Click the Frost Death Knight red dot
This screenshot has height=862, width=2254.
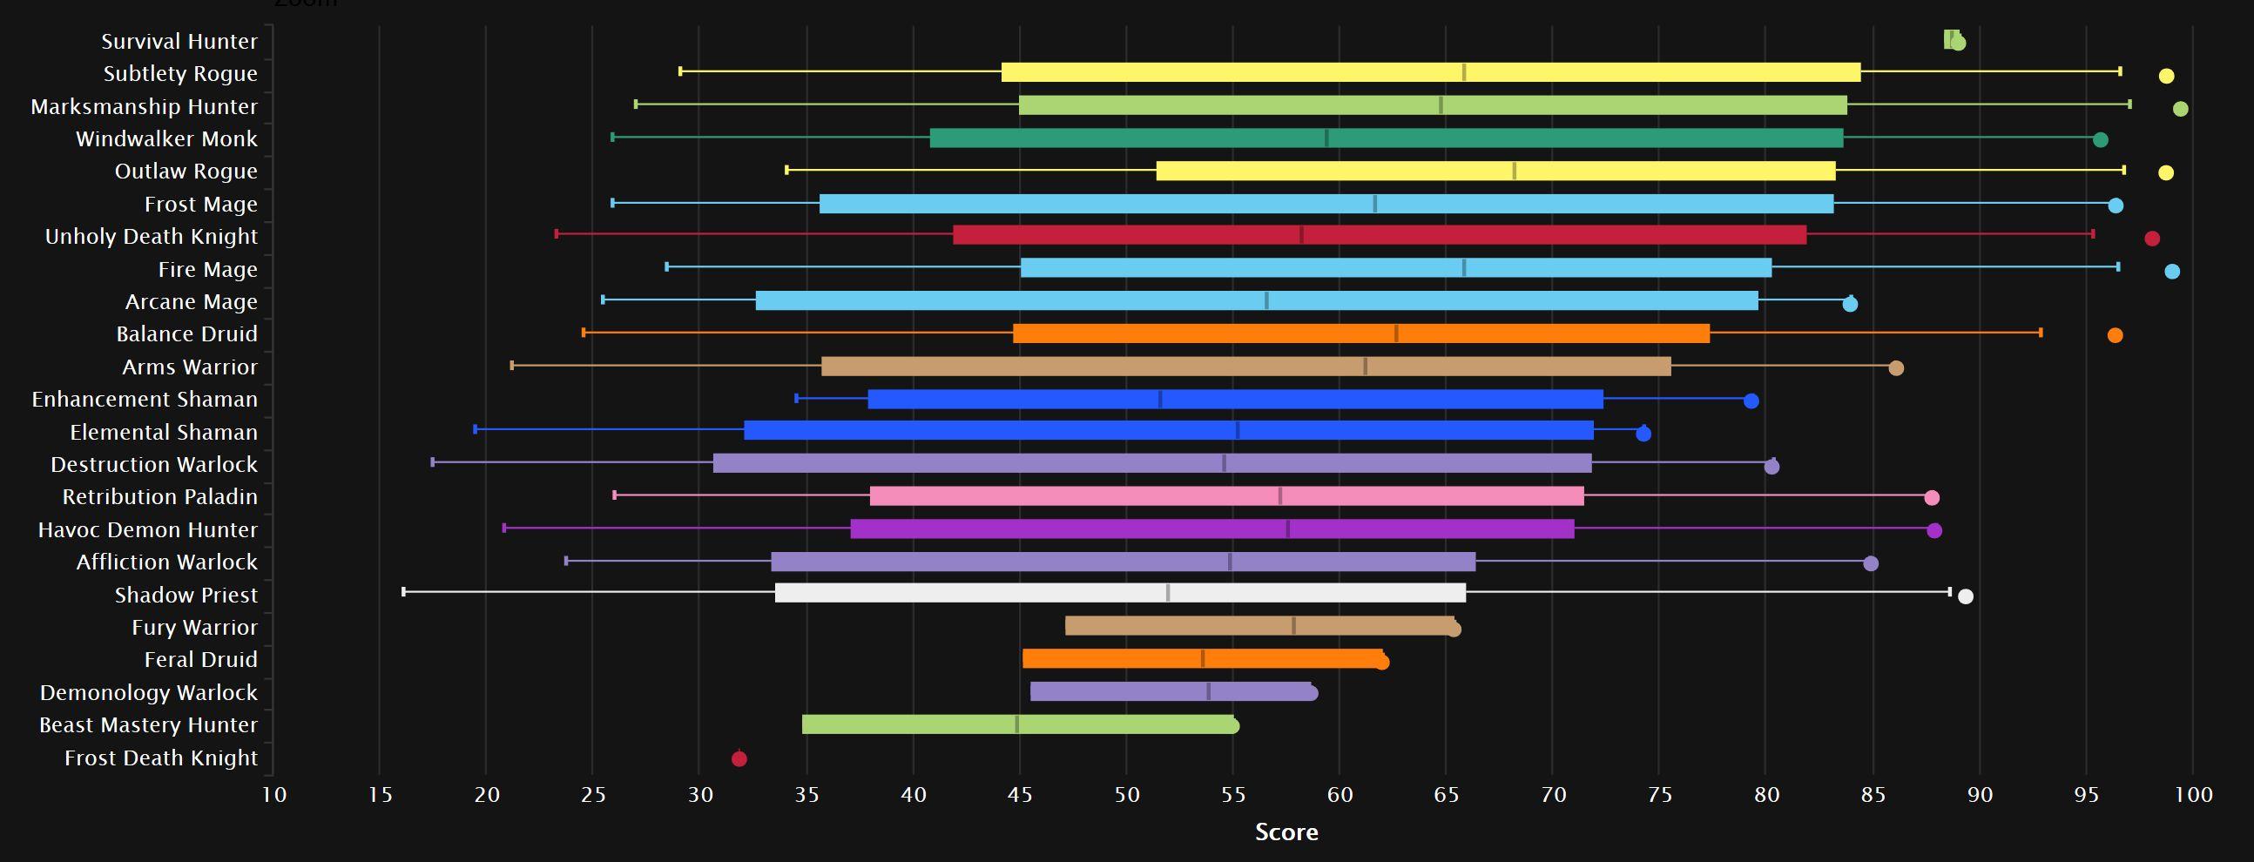point(739,758)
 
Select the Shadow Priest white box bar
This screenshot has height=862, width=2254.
point(1120,592)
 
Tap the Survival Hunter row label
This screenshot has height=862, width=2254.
point(179,41)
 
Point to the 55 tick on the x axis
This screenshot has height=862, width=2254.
point(1233,795)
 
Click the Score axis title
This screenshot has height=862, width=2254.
point(1286,832)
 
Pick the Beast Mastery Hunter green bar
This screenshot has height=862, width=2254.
point(1017,724)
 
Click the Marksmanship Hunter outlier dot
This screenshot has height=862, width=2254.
point(2181,110)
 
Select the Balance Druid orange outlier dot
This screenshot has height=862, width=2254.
point(2115,335)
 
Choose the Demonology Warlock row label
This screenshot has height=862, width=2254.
point(149,692)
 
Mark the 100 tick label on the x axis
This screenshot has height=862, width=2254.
point(2194,795)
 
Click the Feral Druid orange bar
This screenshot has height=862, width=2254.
point(1202,659)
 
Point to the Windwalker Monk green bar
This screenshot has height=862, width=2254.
point(1386,138)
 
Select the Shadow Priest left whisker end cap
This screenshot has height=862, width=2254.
point(403,592)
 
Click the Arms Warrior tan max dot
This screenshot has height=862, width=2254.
point(1896,368)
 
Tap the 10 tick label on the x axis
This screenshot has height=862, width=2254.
point(273,795)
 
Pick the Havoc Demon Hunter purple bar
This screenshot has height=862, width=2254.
point(1211,529)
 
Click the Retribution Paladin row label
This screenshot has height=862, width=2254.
point(160,496)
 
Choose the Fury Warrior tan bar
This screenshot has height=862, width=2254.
point(1259,626)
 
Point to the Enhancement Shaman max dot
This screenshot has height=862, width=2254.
point(1751,401)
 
